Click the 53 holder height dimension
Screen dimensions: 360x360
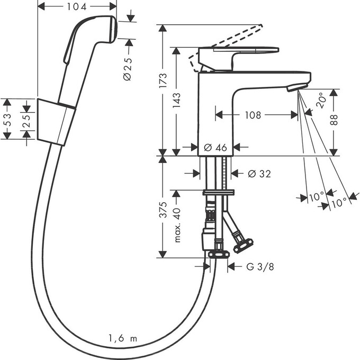(x=7, y=119)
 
